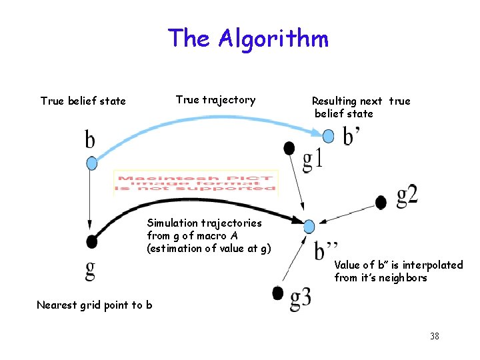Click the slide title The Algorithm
click(248, 38)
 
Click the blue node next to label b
click(92, 163)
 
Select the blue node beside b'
click(328, 136)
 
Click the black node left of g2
click(381, 201)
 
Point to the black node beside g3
click(279, 292)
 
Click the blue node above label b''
click(309, 227)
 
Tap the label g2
click(407, 195)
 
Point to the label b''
click(327, 249)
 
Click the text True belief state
click(83, 101)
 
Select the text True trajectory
click(215, 100)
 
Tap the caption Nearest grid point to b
click(94, 305)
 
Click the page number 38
click(435, 336)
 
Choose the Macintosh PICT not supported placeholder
click(196, 181)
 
